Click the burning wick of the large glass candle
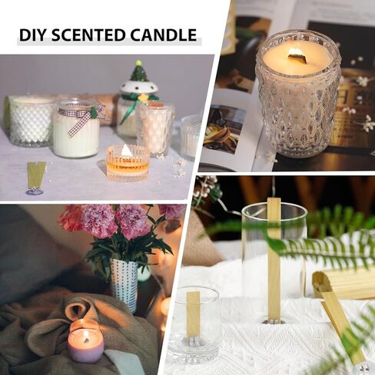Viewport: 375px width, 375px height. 295,54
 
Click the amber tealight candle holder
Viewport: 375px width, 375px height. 128,163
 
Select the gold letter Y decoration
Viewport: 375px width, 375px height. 35,175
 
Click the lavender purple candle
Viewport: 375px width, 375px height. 85,347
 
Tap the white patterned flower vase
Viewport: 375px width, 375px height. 123,284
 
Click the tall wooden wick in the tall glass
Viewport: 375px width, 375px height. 273,254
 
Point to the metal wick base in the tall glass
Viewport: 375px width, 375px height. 273,319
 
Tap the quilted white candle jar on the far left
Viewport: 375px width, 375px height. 31,121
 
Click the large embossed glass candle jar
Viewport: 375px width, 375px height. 298,96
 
